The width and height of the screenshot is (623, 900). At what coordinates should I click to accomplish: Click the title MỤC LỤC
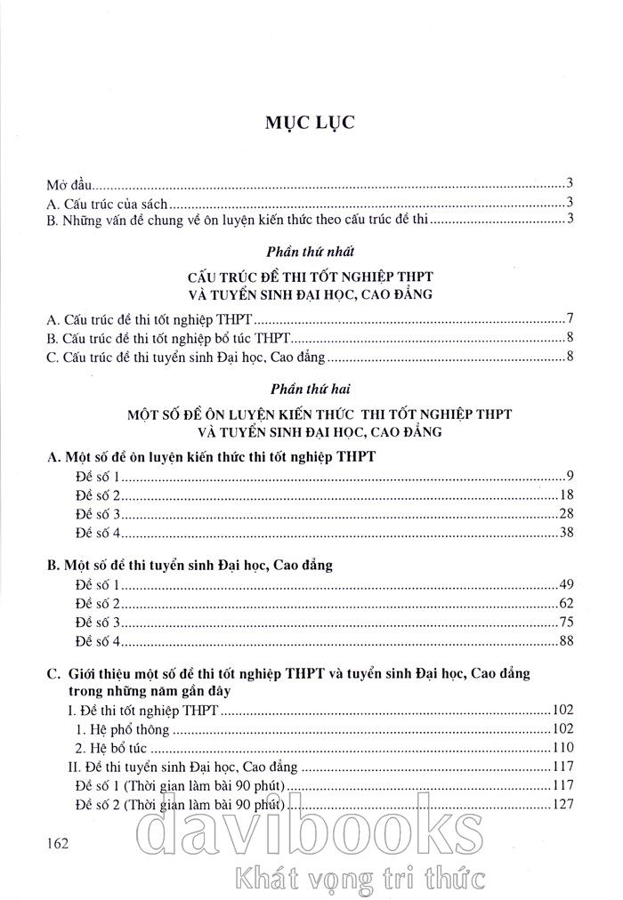coord(311,123)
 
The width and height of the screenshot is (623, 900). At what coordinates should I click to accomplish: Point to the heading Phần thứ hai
coord(311,388)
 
